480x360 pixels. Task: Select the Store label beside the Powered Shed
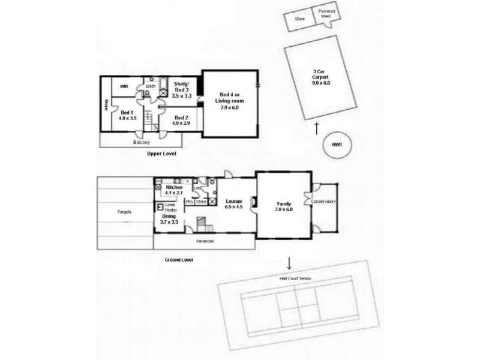(300, 19)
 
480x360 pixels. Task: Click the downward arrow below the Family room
(290, 263)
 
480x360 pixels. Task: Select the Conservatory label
(324, 202)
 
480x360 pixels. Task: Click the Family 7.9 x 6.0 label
(283, 206)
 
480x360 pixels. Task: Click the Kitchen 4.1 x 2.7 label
(174, 191)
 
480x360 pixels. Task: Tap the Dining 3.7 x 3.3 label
(170, 219)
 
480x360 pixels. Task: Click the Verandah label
(206, 241)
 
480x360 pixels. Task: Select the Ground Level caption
(179, 260)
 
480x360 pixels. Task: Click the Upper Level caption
(162, 154)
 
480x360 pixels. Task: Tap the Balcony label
(142, 143)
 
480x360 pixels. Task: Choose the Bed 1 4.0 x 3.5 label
(128, 115)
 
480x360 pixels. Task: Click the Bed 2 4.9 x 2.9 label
(182, 120)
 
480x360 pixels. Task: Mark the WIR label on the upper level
(124, 86)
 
